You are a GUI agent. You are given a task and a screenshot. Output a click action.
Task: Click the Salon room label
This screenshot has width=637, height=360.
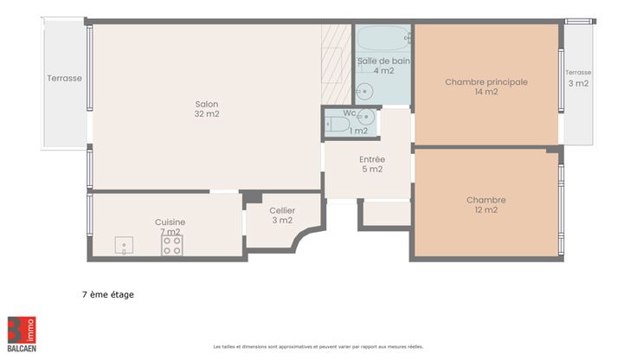(206, 104)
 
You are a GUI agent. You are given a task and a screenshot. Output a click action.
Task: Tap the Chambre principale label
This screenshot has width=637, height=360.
(486, 82)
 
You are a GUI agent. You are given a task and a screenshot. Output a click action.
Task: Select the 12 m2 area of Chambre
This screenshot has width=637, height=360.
(486, 209)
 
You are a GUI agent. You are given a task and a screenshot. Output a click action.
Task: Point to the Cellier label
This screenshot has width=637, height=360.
(282, 210)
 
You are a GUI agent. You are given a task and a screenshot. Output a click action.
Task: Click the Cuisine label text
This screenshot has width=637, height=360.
(170, 222)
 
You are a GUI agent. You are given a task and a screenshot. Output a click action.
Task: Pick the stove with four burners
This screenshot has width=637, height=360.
(172, 246)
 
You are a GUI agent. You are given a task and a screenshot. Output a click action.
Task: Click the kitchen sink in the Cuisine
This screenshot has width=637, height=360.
(124, 246)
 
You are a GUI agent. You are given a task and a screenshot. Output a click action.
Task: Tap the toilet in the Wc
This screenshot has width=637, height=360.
(337, 124)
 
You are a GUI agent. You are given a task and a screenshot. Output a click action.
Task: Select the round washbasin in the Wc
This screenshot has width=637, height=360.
(367, 117)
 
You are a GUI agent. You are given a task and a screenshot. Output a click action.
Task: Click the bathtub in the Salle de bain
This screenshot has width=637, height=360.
(383, 38)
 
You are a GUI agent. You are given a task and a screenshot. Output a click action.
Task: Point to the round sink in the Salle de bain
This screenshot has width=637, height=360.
(364, 92)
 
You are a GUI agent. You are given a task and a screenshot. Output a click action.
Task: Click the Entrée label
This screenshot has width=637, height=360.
(372, 159)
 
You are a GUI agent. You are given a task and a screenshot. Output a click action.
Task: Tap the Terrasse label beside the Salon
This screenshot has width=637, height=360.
(64, 78)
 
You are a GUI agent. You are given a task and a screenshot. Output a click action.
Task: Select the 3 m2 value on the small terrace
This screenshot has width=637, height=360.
(578, 83)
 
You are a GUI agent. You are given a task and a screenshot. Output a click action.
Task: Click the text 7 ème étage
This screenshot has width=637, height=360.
(107, 294)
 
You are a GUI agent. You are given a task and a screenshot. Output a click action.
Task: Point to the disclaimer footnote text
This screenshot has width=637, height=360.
(318, 347)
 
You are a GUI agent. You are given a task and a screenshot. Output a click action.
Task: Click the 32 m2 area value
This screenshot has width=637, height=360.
(206, 113)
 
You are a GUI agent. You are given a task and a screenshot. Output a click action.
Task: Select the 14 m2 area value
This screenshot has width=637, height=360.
(486, 92)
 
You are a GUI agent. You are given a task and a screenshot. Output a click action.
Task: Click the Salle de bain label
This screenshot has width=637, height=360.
(383, 61)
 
